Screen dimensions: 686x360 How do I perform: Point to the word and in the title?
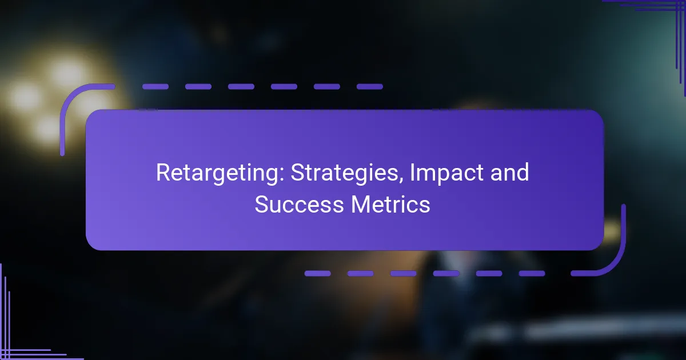(x=509, y=173)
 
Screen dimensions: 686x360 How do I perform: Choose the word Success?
(x=299, y=205)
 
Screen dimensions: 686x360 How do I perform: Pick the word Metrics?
(x=390, y=205)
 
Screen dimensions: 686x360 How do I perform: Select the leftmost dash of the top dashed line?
(x=155, y=87)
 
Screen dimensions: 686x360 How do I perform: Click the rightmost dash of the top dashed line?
(x=370, y=87)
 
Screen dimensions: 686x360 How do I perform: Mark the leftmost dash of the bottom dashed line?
(x=318, y=273)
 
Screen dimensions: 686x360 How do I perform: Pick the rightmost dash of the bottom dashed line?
(x=532, y=273)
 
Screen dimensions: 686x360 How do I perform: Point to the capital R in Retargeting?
(x=163, y=173)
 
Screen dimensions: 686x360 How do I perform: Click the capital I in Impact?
(x=412, y=173)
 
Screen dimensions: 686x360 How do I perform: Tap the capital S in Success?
(x=261, y=205)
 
